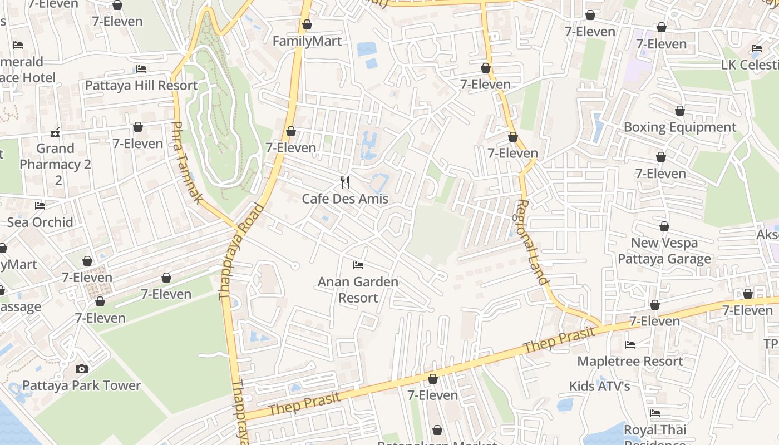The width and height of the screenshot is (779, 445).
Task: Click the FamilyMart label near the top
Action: click(307, 41)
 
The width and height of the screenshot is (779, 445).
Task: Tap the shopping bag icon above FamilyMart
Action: click(307, 24)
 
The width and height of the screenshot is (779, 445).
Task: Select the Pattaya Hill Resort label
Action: click(141, 86)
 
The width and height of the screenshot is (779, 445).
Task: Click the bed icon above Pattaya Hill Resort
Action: click(141, 69)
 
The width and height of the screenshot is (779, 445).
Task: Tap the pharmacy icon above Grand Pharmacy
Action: click(55, 132)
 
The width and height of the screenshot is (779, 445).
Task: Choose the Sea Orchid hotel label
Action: click(40, 222)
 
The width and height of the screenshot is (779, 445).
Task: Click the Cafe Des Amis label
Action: click(345, 199)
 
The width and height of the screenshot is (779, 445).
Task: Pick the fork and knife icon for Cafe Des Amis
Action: click(345, 182)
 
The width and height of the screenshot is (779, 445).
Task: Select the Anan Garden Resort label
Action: click(358, 290)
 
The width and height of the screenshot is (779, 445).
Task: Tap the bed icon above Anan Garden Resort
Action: click(358, 265)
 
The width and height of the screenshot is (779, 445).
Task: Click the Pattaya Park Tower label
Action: click(82, 385)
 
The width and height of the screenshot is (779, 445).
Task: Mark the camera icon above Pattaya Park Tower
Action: click(82, 369)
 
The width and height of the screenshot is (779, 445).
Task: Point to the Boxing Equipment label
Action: click(680, 127)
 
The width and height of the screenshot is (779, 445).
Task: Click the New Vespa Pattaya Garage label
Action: click(664, 251)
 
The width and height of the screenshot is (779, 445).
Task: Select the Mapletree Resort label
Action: click(630, 362)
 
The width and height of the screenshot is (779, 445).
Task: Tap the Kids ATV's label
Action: click(599, 386)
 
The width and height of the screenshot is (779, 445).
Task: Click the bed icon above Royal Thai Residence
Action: click(655, 413)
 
